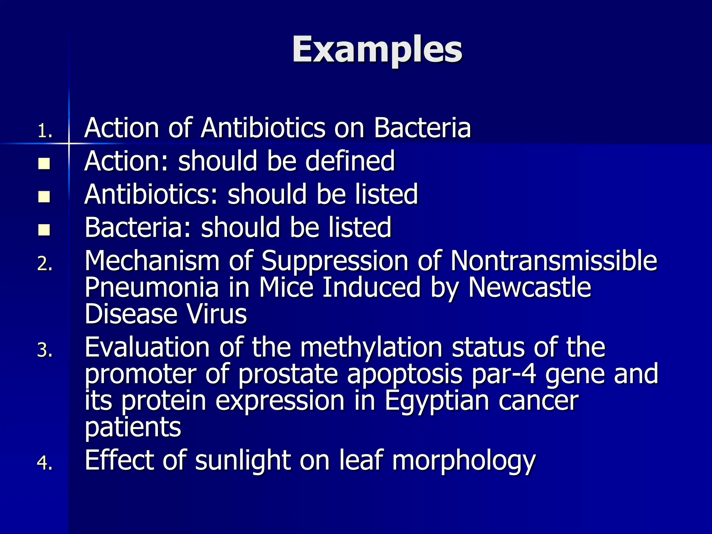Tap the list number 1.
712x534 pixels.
point(45,131)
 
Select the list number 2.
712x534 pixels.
point(45,264)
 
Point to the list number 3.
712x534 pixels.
point(45,350)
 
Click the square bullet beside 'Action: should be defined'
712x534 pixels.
point(44,164)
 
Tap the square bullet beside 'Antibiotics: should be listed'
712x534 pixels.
point(44,197)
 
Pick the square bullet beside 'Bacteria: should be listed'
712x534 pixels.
point(44,230)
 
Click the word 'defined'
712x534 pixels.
point(350,161)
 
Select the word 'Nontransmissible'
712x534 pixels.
point(553,261)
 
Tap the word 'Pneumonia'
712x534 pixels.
point(152,288)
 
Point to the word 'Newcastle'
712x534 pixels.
point(529,288)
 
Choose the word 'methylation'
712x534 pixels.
point(371,348)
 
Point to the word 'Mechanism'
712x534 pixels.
point(152,261)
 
